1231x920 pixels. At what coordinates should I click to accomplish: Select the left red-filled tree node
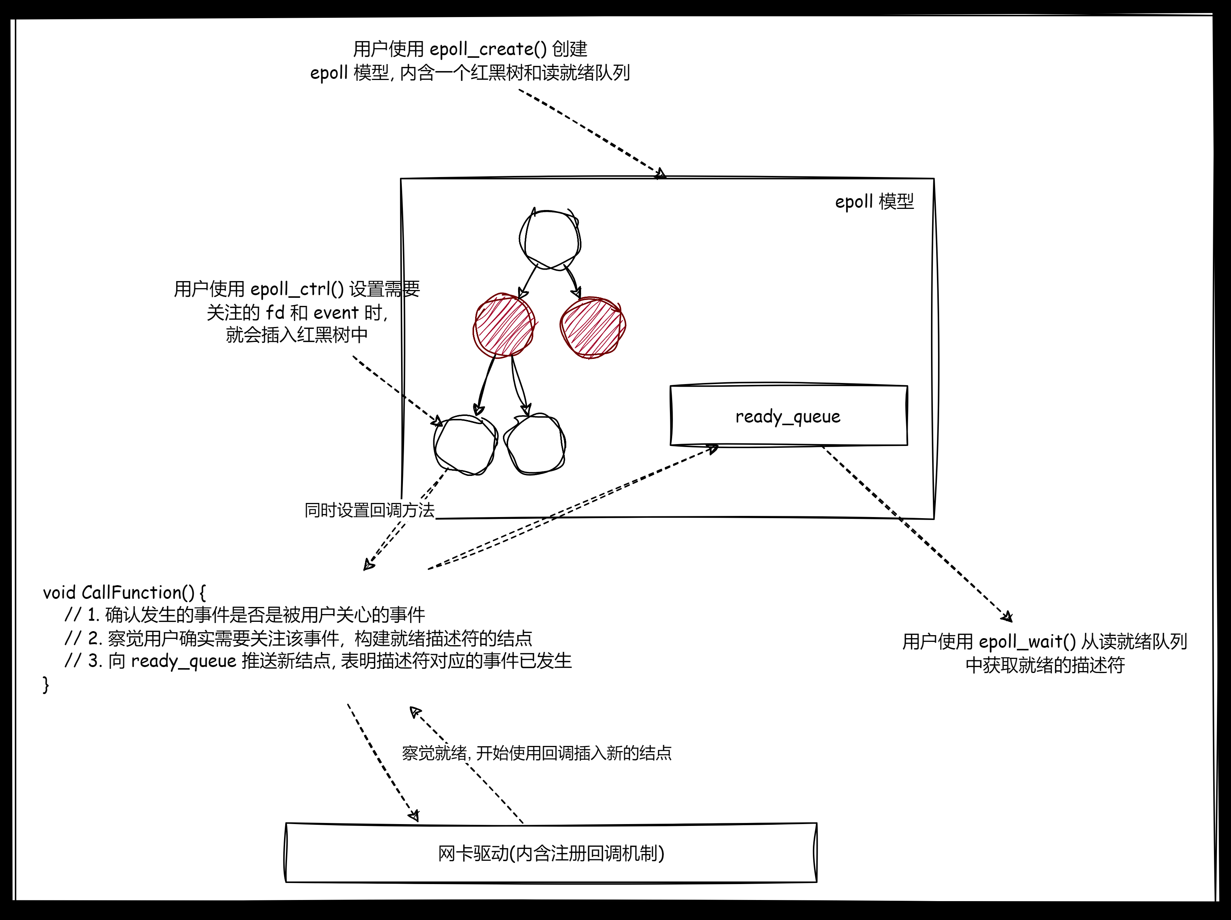pos(504,326)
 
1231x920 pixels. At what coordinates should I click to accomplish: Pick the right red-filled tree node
pos(593,327)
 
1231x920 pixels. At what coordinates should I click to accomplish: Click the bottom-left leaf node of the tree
pos(465,445)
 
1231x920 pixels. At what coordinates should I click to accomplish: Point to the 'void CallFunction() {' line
pos(124,592)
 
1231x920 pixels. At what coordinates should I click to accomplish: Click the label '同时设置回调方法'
pos(369,510)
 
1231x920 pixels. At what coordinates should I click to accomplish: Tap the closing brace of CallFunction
pos(46,684)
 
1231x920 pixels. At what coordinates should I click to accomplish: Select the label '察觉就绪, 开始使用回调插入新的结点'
pos(537,753)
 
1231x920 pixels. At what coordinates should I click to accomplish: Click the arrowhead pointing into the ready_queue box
pos(713,448)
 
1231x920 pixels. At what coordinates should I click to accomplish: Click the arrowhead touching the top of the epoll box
pos(661,174)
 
